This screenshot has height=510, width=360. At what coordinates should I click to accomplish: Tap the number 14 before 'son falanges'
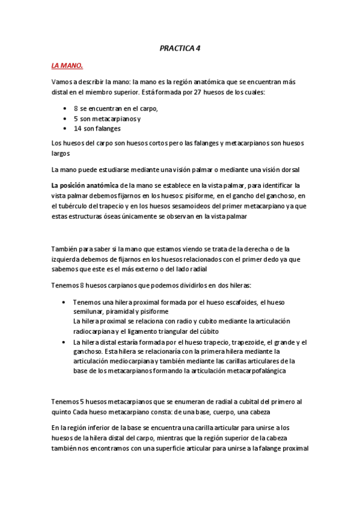[78, 128]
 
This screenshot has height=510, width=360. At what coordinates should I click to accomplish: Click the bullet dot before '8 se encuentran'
[65, 108]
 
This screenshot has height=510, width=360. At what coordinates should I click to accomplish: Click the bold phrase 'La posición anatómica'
[84, 185]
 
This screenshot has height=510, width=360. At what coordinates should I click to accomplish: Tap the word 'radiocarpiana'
[97, 331]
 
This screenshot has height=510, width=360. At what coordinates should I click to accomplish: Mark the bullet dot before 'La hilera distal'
[65, 342]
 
